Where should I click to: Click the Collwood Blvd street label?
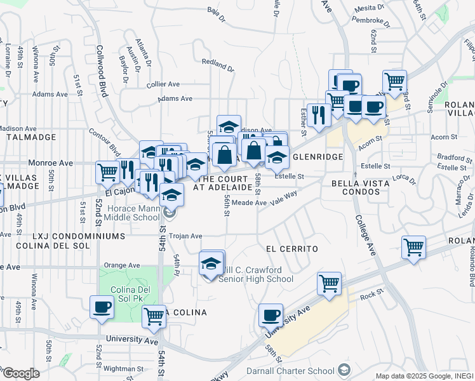[103, 70]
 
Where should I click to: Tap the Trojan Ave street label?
[185, 235]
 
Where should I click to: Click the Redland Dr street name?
[218, 65]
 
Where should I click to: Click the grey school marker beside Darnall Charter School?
[344, 370]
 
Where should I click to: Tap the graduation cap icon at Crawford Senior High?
[211, 264]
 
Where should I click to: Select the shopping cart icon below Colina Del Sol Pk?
[154, 316]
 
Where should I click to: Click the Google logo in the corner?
[21, 373]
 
